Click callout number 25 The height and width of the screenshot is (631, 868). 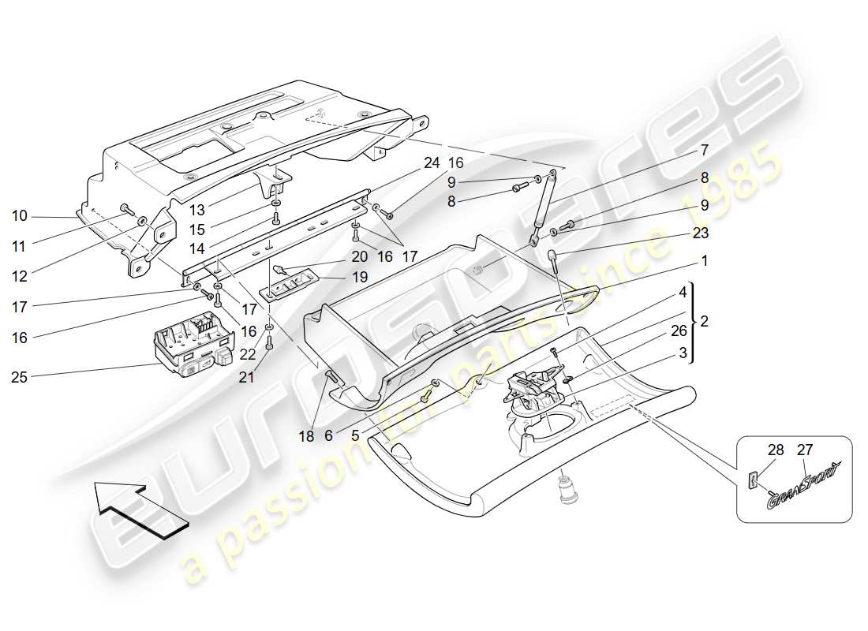coord(20,378)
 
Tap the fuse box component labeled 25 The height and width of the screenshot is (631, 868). coord(191,345)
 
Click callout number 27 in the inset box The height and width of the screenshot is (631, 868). coord(804,451)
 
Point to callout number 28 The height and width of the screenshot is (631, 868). coord(775,451)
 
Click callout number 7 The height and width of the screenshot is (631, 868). coord(704,149)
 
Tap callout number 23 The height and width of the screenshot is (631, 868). coord(702,233)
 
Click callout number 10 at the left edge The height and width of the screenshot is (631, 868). coord(20,215)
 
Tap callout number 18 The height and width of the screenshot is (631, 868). coord(307,436)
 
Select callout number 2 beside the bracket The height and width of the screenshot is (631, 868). coord(704,322)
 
